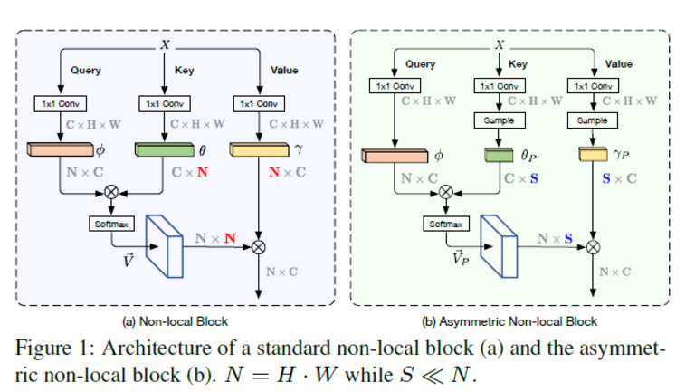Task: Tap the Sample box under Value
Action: (x=593, y=120)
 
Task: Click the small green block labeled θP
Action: (x=498, y=156)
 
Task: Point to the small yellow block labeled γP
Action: (x=592, y=156)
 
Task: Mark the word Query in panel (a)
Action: (x=85, y=70)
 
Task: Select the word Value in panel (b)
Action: (x=618, y=64)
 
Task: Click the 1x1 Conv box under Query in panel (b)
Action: (x=395, y=86)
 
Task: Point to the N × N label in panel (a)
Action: (x=217, y=239)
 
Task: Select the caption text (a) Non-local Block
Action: (x=175, y=320)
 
